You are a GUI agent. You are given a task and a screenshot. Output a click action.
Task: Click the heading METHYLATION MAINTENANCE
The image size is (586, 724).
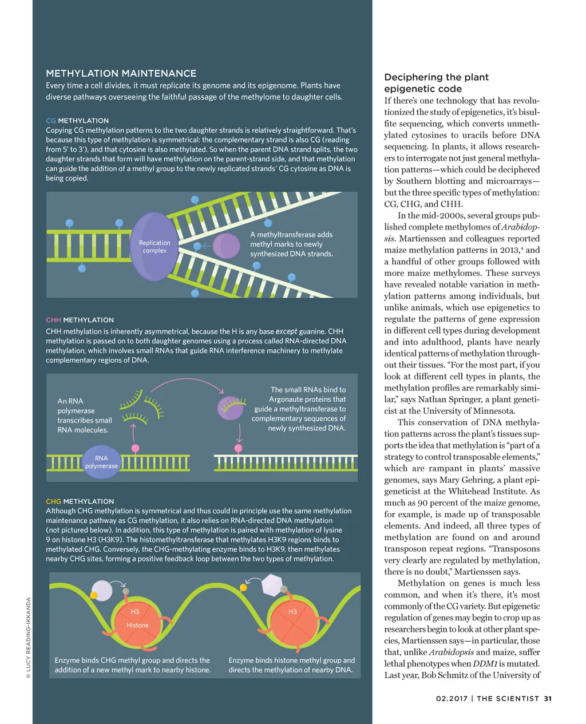[x=121, y=73]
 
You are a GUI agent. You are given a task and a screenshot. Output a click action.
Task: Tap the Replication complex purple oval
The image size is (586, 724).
[x=155, y=247]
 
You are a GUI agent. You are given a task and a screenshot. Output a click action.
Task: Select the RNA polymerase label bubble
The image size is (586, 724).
[x=101, y=462]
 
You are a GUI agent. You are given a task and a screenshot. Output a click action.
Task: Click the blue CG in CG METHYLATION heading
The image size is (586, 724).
[x=51, y=121]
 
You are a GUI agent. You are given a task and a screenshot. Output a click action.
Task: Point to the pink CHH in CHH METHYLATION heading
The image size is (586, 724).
[x=53, y=320]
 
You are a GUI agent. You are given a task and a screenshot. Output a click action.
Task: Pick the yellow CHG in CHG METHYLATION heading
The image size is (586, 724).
[x=53, y=501]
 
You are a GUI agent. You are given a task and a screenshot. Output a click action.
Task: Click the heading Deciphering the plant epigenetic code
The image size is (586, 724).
[x=436, y=83]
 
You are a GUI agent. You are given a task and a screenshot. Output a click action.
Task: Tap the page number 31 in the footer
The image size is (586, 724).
[x=548, y=698]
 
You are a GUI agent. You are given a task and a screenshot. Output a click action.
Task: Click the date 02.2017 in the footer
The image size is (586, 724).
[x=451, y=698]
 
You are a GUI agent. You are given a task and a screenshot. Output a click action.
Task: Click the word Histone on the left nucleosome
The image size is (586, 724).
[x=137, y=625]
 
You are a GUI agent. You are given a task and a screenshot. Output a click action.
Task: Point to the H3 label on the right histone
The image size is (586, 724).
[x=292, y=612]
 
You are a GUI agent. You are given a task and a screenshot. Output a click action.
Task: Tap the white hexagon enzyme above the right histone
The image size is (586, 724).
[x=272, y=585]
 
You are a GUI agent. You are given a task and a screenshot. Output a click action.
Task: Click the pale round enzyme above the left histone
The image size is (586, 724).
[x=102, y=590]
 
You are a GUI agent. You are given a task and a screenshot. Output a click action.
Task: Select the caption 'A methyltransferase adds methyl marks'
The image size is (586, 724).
[x=291, y=244]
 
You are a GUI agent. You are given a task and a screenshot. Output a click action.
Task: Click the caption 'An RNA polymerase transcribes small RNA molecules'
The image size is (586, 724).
[x=84, y=416]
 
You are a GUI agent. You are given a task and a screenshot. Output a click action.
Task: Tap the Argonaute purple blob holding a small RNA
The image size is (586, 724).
[x=231, y=408]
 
